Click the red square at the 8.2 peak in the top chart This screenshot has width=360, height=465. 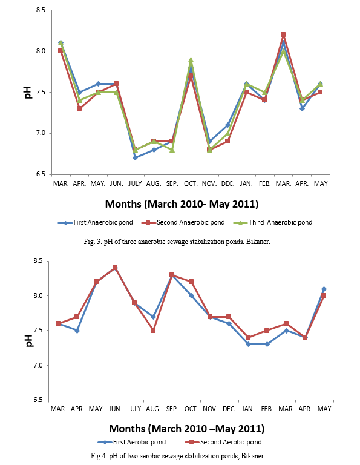click(x=283, y=35)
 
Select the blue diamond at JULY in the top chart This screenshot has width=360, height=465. click(x=135, y=158)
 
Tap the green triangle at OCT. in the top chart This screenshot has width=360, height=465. click(x=191, y=60)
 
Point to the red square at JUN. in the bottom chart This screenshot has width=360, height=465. click(x=115, y=268)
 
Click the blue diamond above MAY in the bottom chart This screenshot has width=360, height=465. click(x=324, y=289)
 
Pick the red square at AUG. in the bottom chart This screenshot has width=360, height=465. click(x=153, y=331)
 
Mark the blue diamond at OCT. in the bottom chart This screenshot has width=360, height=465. click(x=191, y=295)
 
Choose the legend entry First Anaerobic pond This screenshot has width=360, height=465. click(x=96, y=222)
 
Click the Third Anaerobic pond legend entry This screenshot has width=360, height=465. click(x=273, y=222)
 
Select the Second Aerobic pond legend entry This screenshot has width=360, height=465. click(x=223, y=442)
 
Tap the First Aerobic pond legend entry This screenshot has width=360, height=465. click(x=131, y=442)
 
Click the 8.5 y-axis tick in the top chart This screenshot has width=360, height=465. click(x=41, y=10)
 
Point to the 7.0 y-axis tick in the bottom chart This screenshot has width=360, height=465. click(x=38, y=365)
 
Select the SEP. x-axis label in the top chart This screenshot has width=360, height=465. click(x=172, y=183)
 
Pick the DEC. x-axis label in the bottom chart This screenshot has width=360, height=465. click(x=229, y=409)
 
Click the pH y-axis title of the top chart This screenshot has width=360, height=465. click(x=28, y=92)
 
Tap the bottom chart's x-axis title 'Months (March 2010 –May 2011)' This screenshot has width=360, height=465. click(x=187, y=429)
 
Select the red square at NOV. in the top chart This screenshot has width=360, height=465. click(x=209, y=150)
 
